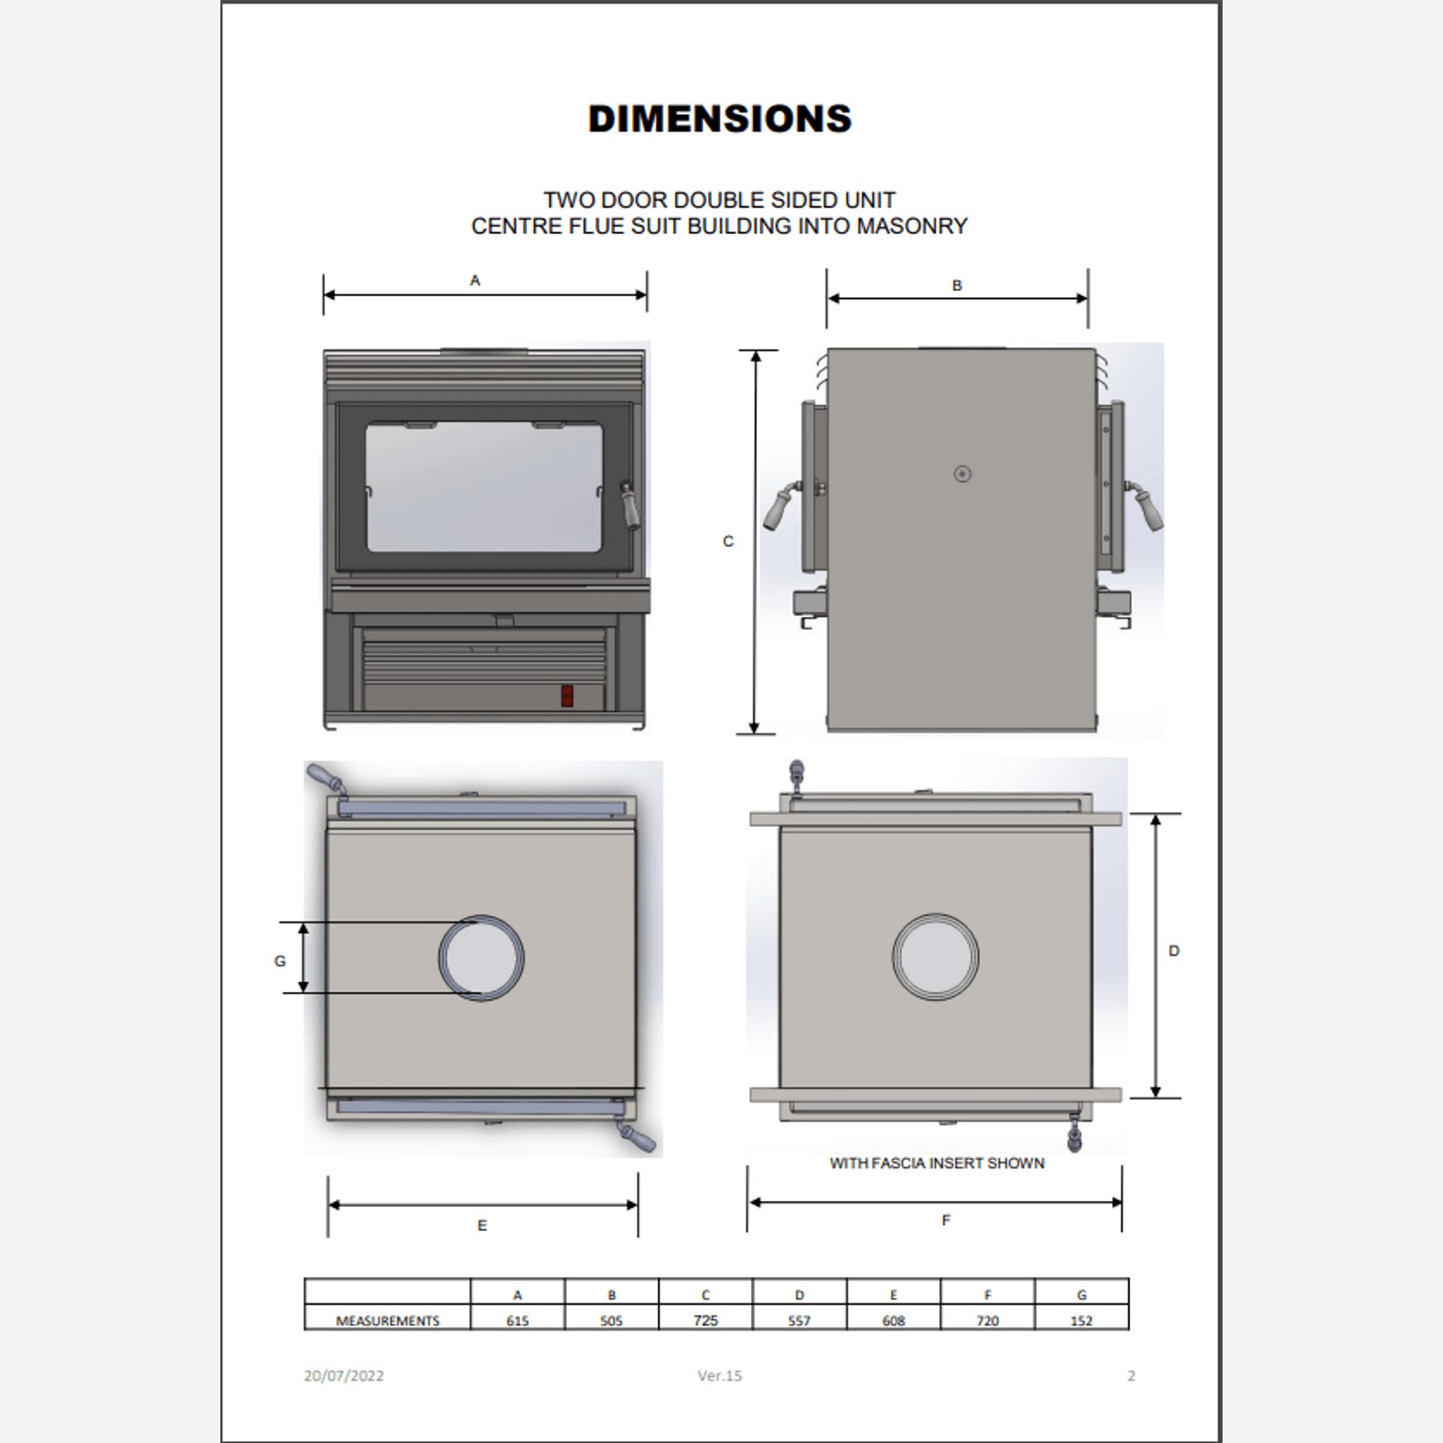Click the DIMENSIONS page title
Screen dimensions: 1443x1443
(720, 119)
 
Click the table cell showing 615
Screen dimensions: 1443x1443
(517, 1321)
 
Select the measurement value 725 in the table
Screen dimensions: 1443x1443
(705, 1321)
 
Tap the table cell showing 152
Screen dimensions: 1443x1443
(1081, 1321)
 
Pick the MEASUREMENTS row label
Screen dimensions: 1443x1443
(387, 1321)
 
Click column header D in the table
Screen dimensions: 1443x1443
(799, 1295)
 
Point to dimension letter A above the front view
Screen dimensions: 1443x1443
(474, 280)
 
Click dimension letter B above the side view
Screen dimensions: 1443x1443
(957, 285)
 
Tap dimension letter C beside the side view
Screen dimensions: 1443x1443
(728, 541)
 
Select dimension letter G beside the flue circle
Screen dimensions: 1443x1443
(280, 961)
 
